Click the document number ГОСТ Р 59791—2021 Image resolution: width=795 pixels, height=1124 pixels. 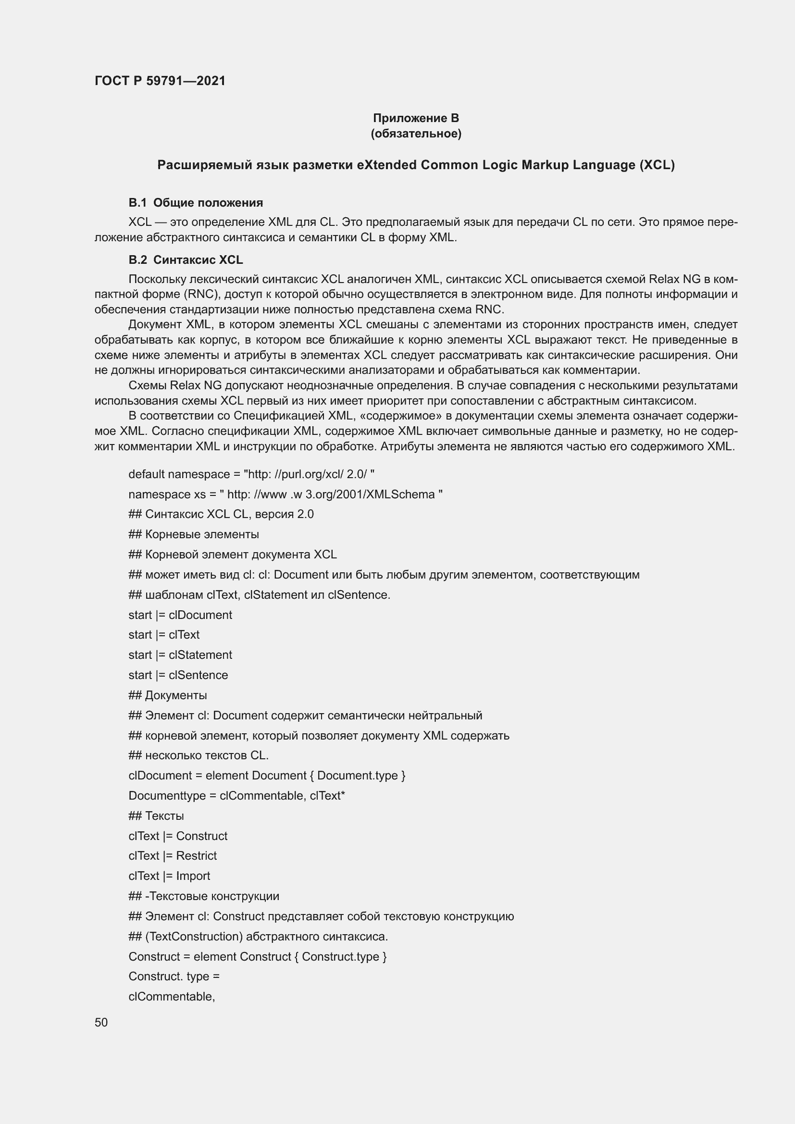coord(160,81)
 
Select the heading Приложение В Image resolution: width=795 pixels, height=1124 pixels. coord(416,118)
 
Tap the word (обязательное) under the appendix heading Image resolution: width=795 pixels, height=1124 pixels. coord(416,133)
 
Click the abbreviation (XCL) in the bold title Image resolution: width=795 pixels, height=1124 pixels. coord(657,165)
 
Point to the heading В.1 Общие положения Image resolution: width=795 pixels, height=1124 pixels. coord(195,203)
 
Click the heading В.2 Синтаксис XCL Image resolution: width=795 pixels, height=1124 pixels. coord(186,259)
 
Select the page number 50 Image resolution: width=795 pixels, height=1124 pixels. coord(101,1022)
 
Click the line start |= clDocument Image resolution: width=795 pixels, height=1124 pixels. coord(180,615)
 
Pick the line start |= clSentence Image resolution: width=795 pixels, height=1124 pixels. coord(178,675)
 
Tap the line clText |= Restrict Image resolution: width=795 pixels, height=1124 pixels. coord(173,856)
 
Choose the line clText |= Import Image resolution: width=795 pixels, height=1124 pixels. coord(169,876)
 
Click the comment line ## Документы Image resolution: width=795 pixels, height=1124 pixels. coord(167,695)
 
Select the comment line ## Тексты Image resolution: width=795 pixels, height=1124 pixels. coord(156,816)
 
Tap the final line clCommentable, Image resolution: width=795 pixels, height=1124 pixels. coord(172,996)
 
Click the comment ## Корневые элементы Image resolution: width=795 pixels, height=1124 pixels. coord(193,534)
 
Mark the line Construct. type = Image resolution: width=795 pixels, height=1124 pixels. coord(174,976)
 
